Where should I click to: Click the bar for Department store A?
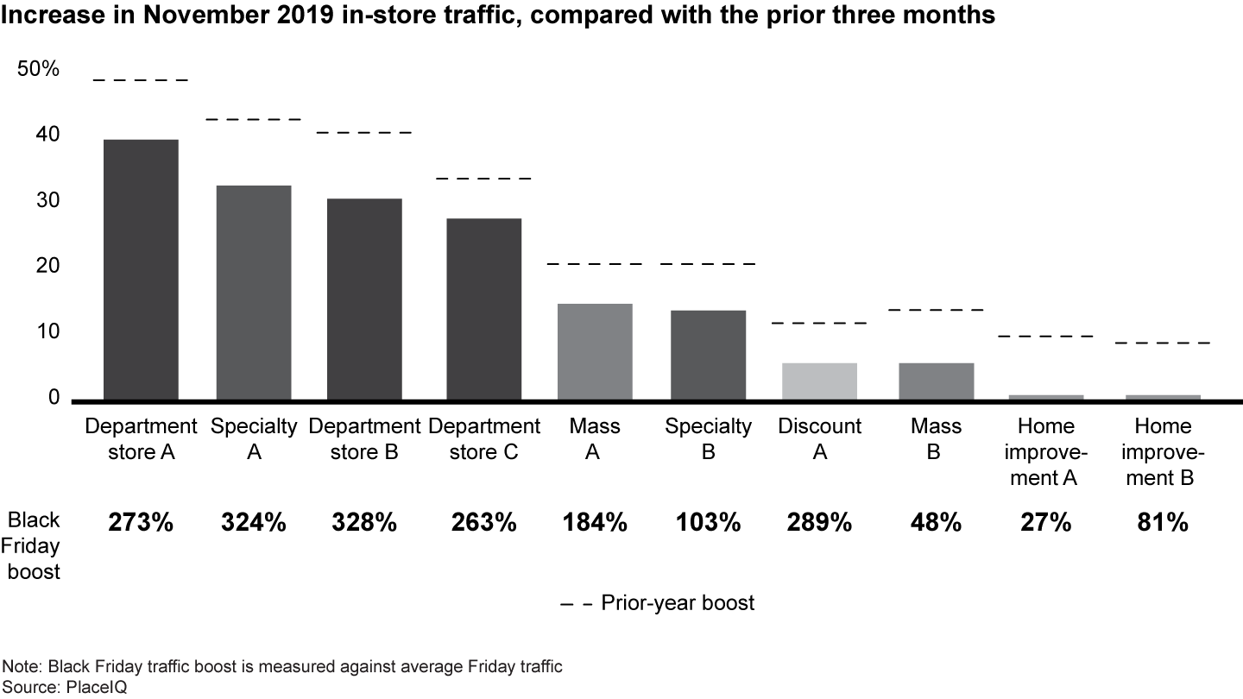click(141, 269)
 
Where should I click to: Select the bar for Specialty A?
click(254, 293)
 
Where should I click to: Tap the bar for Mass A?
click(595, 351)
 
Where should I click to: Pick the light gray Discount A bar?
click(819, 381)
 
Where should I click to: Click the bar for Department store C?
click(483, 309)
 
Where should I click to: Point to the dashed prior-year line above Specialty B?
click(708, 263)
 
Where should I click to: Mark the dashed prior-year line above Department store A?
click(141, 80)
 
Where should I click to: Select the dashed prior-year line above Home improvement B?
click(1163, 343)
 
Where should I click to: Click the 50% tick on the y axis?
click(39, 70)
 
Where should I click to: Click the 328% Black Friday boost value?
click(364, 522)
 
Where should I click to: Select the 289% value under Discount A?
click(819, 522)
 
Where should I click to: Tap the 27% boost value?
click(1047, 522)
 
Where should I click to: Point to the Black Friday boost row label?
click(35, 545)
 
